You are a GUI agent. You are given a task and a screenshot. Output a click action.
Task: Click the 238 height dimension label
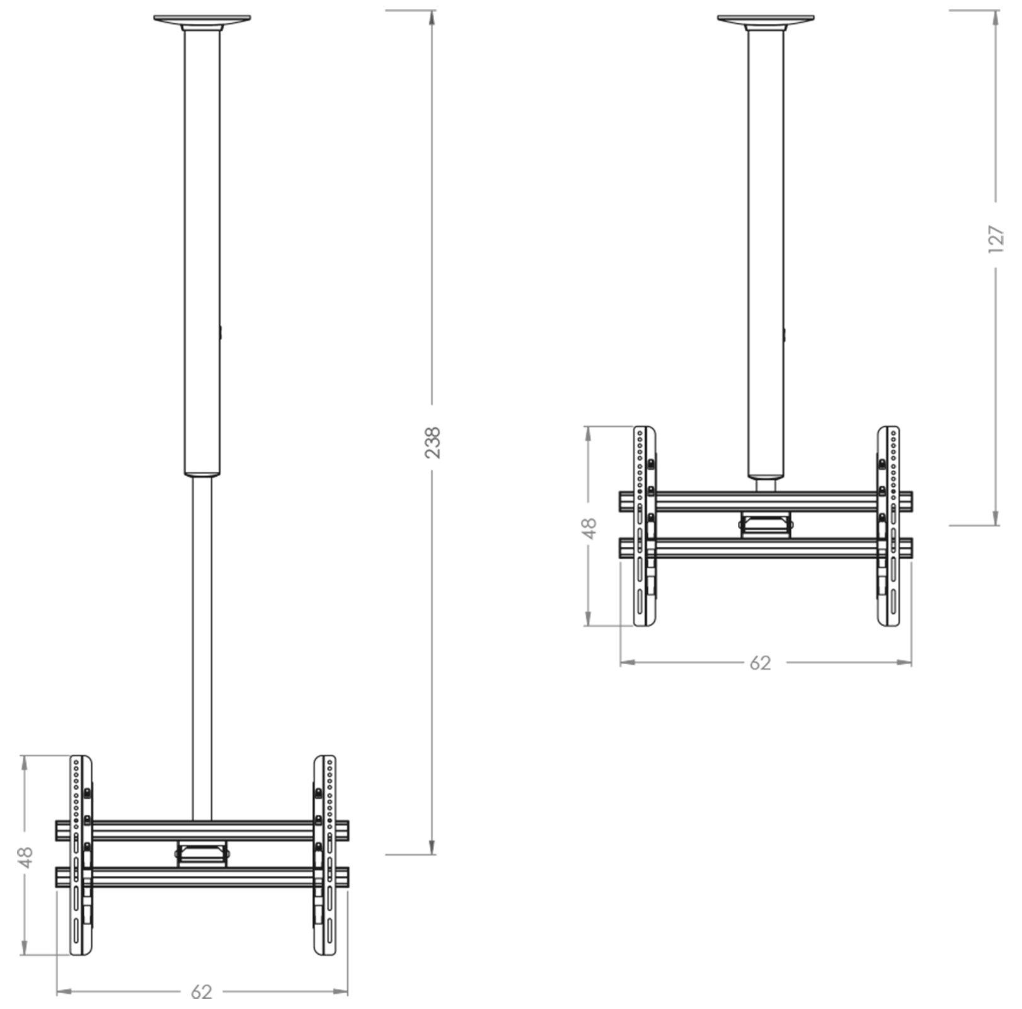(x=432, y=442)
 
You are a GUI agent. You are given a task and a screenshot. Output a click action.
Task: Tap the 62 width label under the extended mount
(x=202, y=992)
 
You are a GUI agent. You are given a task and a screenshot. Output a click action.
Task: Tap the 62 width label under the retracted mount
(x=761, y=663)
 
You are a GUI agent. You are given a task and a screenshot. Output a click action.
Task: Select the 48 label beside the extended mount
(x=26, y=858)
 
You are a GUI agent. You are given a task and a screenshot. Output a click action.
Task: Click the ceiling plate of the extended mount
(x=202, y=20)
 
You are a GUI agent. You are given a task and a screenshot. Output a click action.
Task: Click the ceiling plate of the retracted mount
(x=766, y=20)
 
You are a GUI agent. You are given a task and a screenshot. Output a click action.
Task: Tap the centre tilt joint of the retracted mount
(x=765, y=524)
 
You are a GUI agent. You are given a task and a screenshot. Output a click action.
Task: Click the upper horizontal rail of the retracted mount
(x=766, y=502)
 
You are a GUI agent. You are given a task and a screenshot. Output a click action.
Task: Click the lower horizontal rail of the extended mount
(x=202, y=877)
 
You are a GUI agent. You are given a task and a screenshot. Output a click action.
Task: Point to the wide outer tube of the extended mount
(x=202, y=252)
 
